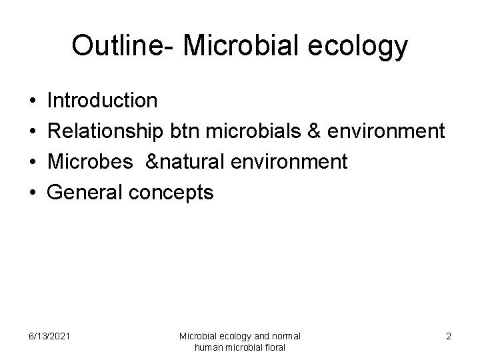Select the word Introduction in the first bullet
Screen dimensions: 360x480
103,101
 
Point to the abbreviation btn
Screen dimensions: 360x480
183,131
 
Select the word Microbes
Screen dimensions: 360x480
91,162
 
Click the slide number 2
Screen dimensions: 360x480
448,336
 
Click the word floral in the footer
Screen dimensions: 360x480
275,347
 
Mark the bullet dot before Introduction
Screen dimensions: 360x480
32,101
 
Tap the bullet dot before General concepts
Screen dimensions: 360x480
32,193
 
